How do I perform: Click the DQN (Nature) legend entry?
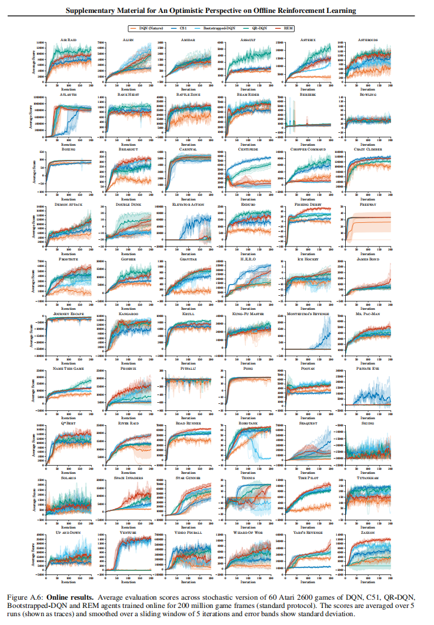pos(148,28)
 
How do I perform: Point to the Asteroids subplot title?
pos(369,39)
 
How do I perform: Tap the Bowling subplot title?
pos(369,94)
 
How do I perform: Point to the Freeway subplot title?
pos(369,204)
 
